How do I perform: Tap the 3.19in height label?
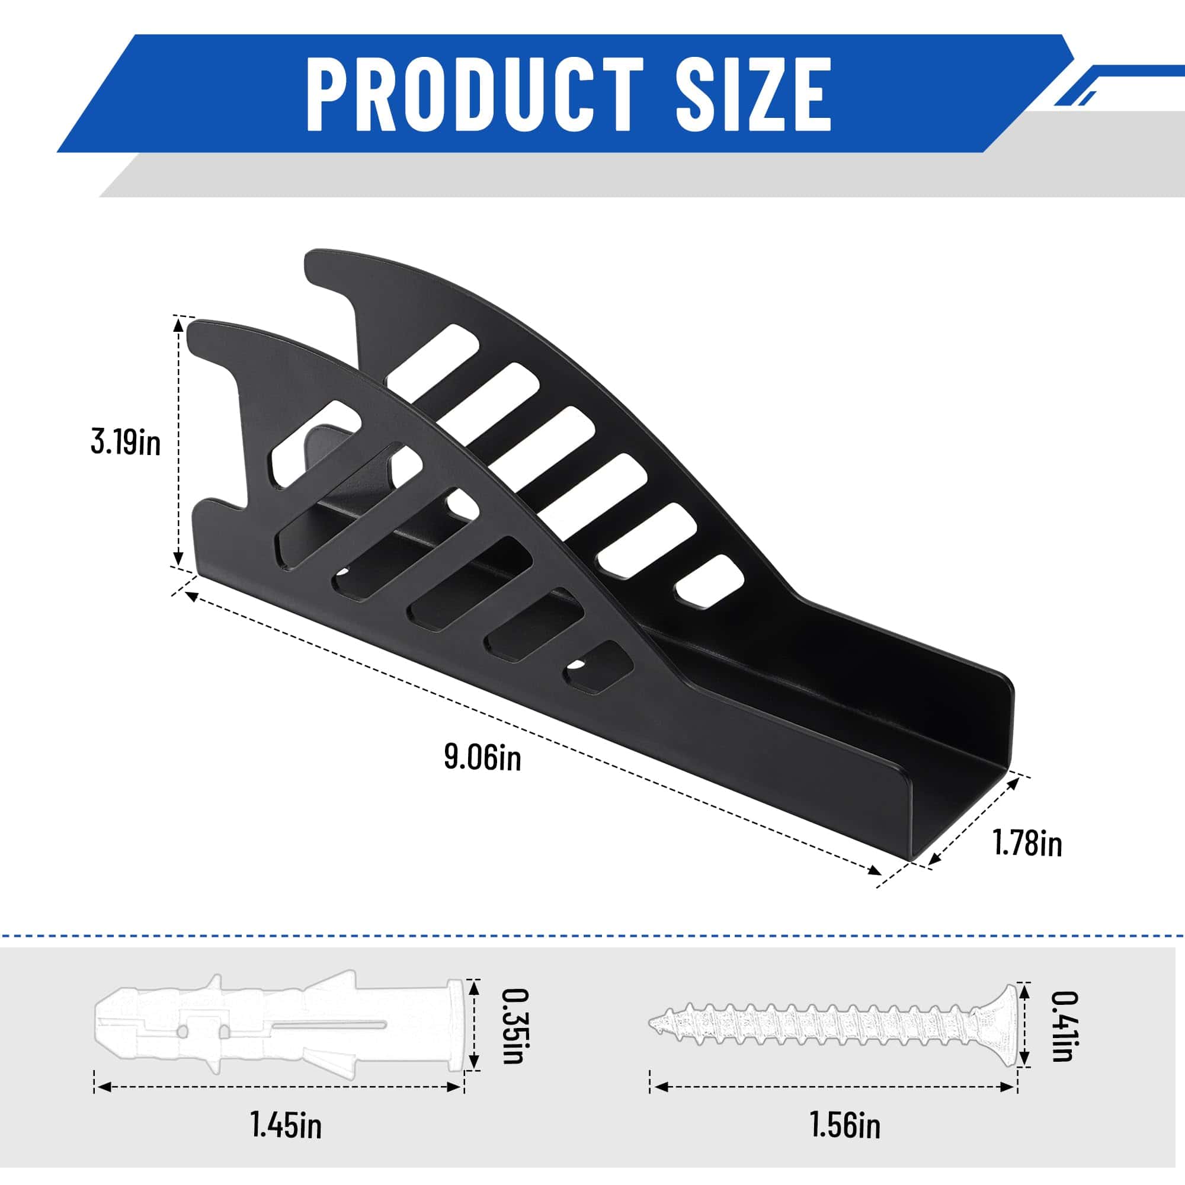click(125, 442)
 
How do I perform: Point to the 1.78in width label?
click(1027, 843)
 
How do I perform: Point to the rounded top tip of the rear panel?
click(322, 261)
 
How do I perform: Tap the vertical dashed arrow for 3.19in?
click(178, 441)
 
